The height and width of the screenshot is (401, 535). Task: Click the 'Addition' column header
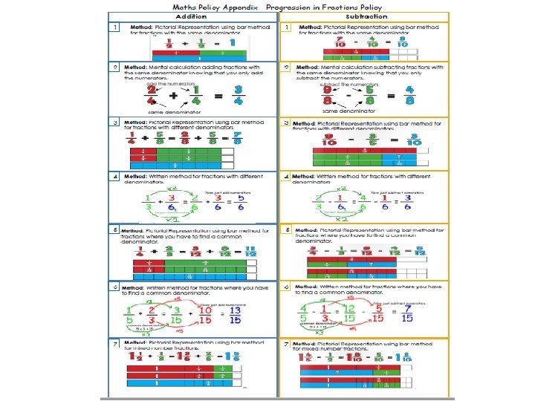point(191,16)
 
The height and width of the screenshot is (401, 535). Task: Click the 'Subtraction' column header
point(366,16)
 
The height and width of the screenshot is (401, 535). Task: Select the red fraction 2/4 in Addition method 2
point(152,95)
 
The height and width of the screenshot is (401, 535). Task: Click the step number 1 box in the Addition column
point(116,27)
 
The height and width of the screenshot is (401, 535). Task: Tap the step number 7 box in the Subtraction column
point(287,344)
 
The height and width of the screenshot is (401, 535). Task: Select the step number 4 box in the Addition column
point(116,176)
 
